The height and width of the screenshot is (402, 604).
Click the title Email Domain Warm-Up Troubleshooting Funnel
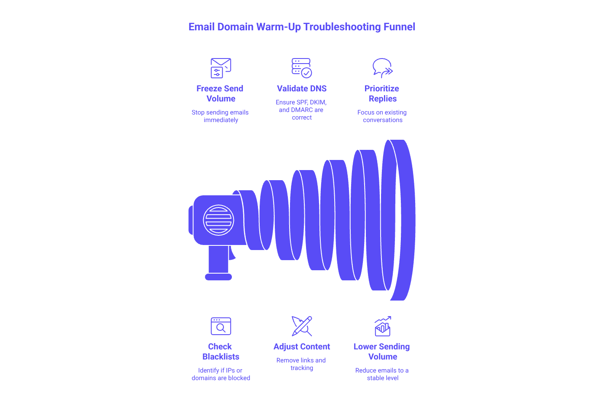pyautogui.click(x=302, y=27)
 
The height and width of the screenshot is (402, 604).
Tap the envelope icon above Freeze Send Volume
pyautogui.click(x=221, y=68)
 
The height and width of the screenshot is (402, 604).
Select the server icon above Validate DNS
pyautogui.click(x=302, y=68)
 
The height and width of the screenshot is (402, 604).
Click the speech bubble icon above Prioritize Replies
pyautogui.click(x=382, y=68)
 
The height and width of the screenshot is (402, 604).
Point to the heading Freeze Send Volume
pyautogui.click(x=220, y=93)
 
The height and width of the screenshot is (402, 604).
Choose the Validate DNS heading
pyautogui.click(x=302, y=88)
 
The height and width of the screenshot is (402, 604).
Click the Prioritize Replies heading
pyautogui.click(x=382, y=93)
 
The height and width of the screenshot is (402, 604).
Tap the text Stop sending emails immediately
pyautogui.click(x=220, y=116)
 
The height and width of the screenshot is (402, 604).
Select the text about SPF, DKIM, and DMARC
pyautogui.click(x=302, y=110)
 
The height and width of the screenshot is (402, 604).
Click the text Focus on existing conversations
pyautogui.click(x=382, y=116)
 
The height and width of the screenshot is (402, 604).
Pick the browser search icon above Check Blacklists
pyautogui.click(x=221, y=326)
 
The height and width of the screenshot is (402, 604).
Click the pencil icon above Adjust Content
pyautogui.click(x=302, y=326)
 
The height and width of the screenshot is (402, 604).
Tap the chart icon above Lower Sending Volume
pyautogui.click(x=382, y=326)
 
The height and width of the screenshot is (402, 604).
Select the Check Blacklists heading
pyautogui.click(x=220, y=351)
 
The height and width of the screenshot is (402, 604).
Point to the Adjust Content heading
pyautogui.click(x=302, y=347)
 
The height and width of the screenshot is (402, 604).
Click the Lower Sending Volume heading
pyautogui.click(x=382, y=351)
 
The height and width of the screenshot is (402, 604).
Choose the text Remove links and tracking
pyautogui.click(x=302, y=364)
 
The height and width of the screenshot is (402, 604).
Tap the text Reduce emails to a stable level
pyautogui.click(x=382, y=374)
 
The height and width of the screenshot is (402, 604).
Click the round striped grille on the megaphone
pyautogui.click(x=218, y=219)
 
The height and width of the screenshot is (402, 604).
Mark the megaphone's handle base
pyautogui.click(x=218, y=277)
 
